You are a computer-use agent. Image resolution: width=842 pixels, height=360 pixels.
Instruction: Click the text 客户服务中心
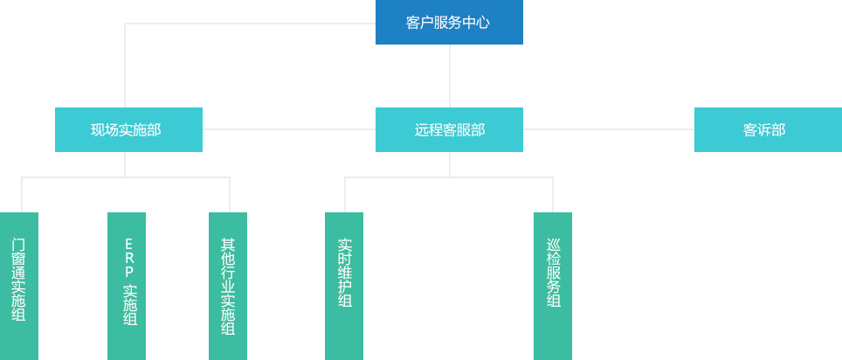tap(448, 24)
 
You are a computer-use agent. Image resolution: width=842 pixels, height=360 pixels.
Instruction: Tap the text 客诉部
tap(764, 130)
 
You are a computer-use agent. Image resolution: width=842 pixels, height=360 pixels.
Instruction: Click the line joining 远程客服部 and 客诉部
tap(608, 129)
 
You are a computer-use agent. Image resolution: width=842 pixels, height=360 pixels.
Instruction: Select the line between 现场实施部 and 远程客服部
tap(288, 129)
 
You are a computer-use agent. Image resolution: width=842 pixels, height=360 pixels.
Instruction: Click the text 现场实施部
tap(126, 130)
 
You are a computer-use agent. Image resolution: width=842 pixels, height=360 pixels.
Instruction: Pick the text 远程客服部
tap(450, 130)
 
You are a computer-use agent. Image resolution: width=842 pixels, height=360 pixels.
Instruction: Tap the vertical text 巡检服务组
tap(553, 273)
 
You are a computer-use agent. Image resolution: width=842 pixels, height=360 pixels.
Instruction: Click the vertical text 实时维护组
tap(344, 273)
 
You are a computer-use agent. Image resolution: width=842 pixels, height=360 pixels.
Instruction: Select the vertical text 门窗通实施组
tap(18, 280)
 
